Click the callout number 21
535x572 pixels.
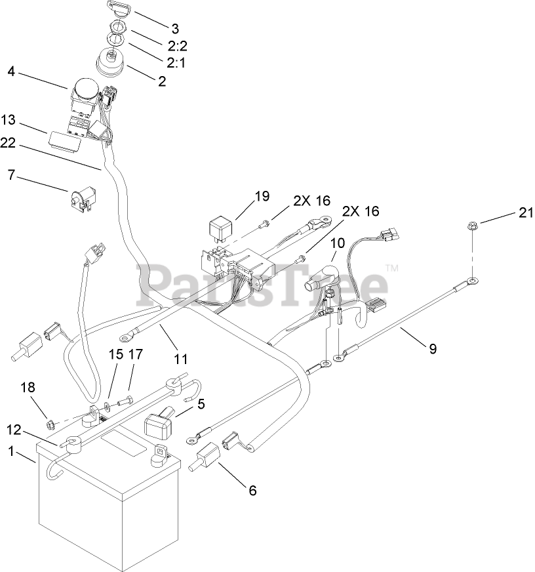point(526,213)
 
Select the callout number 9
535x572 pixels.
point(433,350)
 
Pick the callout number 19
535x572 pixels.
point(262,195)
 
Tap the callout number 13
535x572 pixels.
point(8,120)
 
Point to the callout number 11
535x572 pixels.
point(181,359)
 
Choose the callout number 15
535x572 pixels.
point(115,354)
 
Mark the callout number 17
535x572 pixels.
point(136,354)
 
